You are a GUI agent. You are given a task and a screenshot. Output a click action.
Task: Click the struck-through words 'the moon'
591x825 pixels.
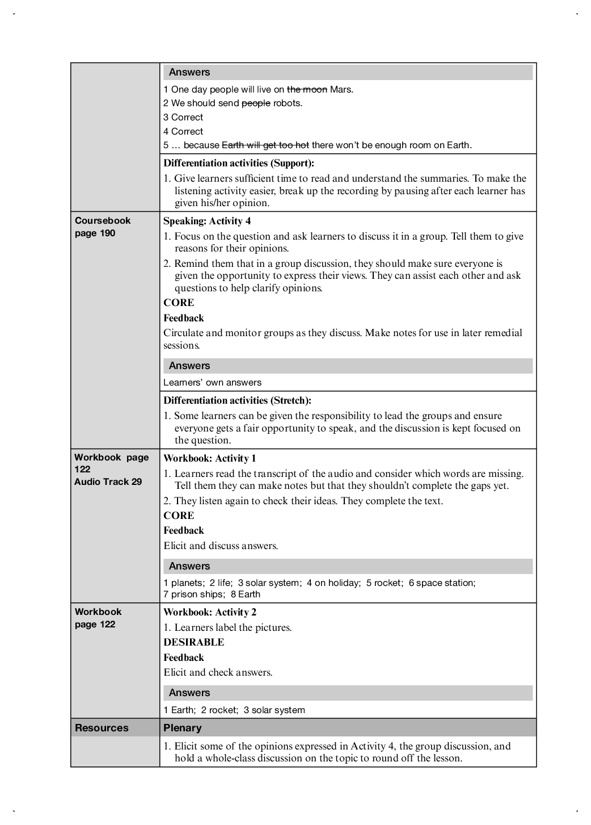click(x=307, y=89)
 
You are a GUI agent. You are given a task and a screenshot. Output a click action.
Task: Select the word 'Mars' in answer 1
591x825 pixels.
click(x=341, y=89)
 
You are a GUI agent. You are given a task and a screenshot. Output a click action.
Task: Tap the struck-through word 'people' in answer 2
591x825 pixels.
click(x=256, y=103)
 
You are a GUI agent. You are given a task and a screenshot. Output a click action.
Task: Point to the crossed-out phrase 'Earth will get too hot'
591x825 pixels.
click(x=265, y=145)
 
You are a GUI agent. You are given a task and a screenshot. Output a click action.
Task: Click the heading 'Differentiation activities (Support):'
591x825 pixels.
click(x=239, y=164)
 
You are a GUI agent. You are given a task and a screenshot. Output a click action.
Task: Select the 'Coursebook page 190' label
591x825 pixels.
click(x=103, y=227)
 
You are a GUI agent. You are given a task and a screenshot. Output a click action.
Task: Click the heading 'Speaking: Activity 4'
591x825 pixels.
click(x=207, y=221)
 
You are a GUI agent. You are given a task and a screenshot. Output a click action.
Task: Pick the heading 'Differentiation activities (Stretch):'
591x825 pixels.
click(x=237, y=401)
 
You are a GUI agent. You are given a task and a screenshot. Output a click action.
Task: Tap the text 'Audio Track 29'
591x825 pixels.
click(x=108, y=482)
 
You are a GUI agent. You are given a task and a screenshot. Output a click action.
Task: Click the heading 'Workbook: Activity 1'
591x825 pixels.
click(x=210, y=459)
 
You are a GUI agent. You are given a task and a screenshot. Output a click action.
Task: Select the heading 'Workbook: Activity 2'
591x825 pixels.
click(x=210, y=613)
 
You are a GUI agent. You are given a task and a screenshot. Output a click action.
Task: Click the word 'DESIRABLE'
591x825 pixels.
click(x=193, y=643)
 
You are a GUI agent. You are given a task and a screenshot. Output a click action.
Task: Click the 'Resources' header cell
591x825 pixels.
click(x=102, y=728)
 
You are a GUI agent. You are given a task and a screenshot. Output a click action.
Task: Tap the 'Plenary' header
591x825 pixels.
click(x=182, y=728)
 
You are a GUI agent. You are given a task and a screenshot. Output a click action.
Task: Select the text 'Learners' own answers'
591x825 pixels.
click(x=212, y=383)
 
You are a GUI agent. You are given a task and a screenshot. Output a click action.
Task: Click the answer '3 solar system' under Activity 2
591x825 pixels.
click(x=274, y=710)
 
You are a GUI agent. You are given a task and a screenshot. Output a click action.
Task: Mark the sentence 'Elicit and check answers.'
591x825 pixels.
click(x=218, y=673)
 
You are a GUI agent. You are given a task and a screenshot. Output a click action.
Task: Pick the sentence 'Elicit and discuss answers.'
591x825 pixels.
click(x=221, y=546)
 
